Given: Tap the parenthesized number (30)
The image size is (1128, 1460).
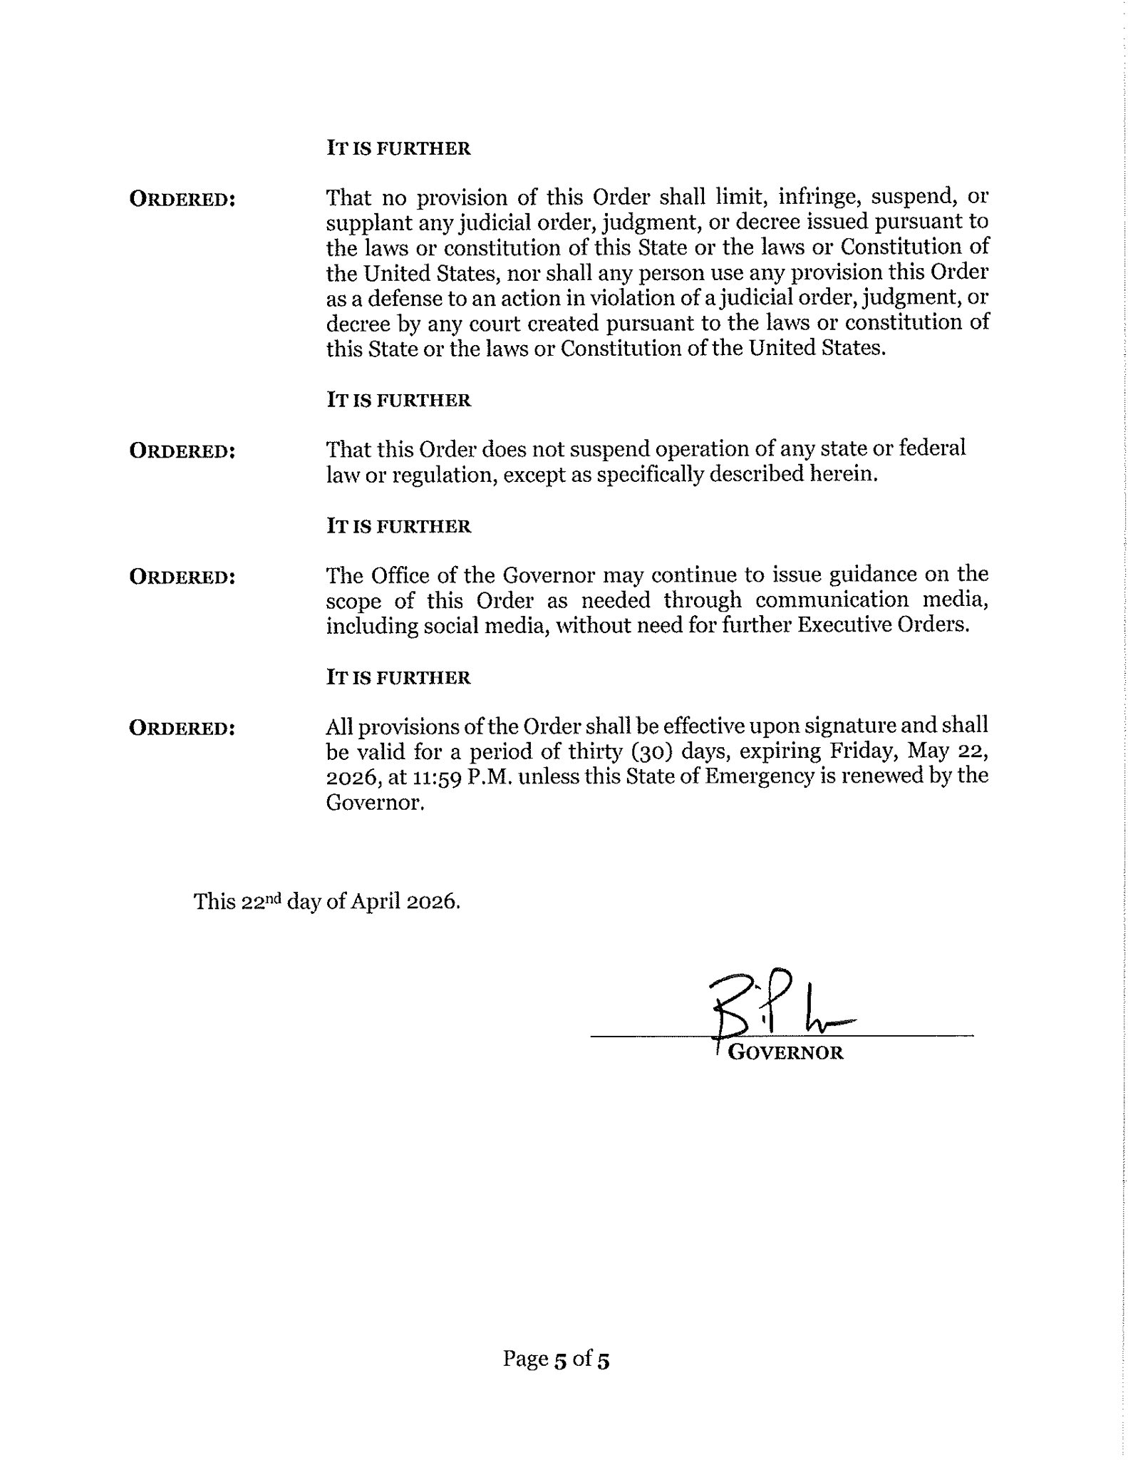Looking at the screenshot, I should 649,751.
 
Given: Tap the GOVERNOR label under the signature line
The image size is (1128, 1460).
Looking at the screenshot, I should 785,1053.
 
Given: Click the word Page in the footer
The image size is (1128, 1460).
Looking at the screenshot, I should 524,1359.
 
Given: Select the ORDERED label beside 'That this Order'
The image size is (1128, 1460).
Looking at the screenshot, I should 182,451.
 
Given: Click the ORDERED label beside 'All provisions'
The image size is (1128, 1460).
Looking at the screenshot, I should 182,728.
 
